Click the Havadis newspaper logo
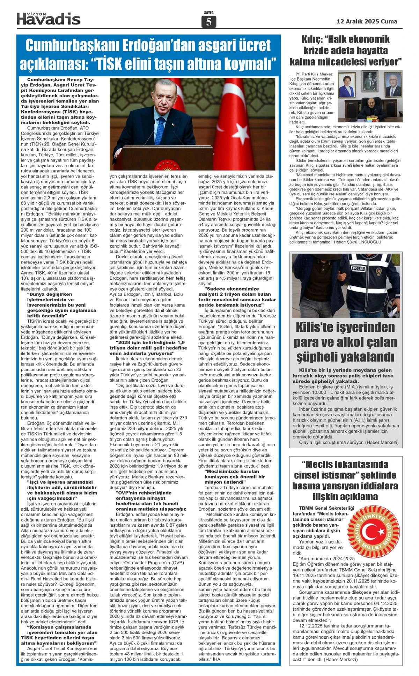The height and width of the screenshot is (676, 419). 49,19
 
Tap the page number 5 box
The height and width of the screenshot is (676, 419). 209,22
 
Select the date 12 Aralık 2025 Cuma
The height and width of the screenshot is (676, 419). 367,21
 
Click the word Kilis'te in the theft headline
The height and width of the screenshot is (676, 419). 321,327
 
